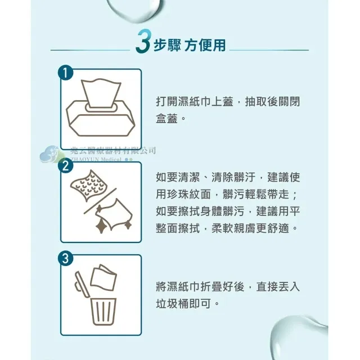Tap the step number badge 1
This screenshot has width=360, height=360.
click(x=66, y=73)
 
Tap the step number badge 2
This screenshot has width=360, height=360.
click(x=66, y=166)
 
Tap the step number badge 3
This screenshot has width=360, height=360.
click(x=66, y=259)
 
